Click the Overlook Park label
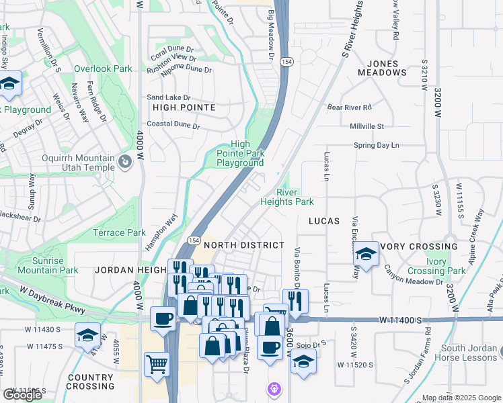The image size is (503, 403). click(x=103, y=69)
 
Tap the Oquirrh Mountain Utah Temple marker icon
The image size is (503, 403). click(x=124, y=162)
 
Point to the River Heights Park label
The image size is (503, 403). click(x=287, y=197)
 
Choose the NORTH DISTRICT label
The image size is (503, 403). click(x=244, y=245)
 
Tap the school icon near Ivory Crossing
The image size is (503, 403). click(x=366, y=254)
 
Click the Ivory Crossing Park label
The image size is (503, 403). click(x=435, y=266)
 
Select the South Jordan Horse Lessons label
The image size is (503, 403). click(x=468, y=353)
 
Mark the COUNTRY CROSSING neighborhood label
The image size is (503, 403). click(x=91, y=382)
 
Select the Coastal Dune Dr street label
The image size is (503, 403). click(x=173, y=126)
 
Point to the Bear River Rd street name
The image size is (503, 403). click(x=349, y=107)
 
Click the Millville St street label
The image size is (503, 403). click(x=366, y=126)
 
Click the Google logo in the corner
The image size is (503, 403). click(x=22, y=395)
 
